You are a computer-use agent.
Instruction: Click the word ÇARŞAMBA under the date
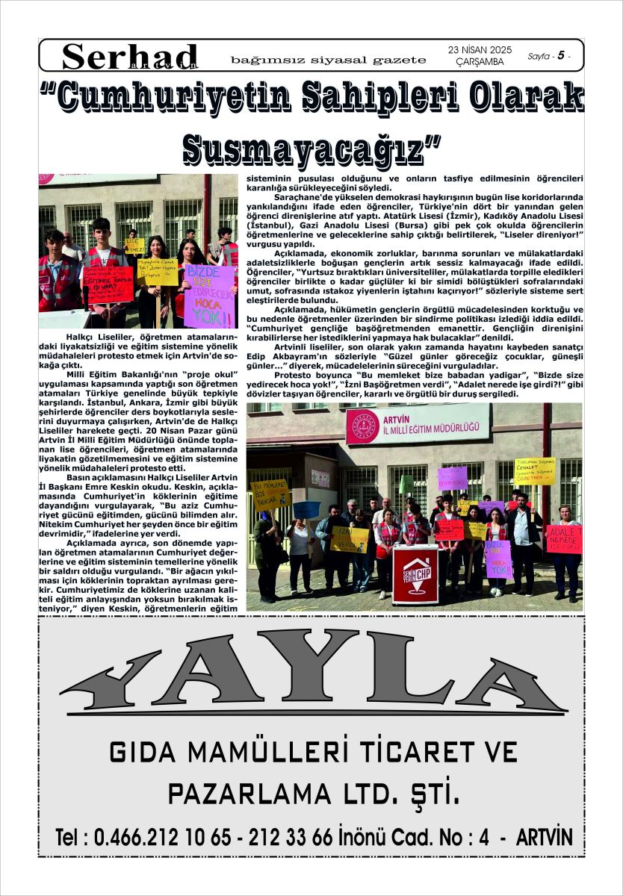[x=480, y=62]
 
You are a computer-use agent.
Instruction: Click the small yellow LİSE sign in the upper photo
[x=134, y=246]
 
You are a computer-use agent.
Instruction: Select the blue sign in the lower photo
[x=306, y=509]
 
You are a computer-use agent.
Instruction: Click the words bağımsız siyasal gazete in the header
[x=329, y=59]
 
